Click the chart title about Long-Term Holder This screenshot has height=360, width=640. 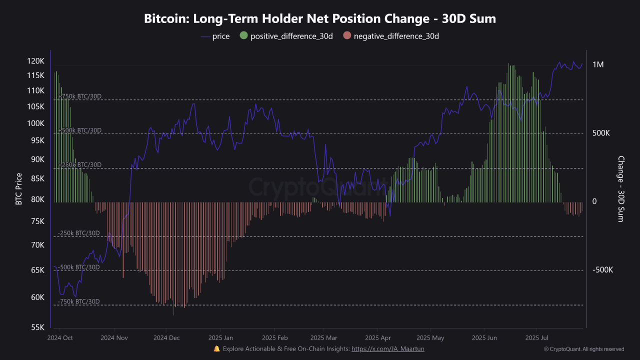(320, 19)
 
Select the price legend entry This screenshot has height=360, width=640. (215, 36)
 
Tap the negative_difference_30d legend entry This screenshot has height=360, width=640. (390, 36)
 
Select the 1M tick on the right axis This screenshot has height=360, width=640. (598, 64)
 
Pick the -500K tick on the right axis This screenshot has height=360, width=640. (602, 270)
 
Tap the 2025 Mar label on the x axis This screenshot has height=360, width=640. (323, 337)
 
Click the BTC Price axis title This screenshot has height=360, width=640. (19, 189)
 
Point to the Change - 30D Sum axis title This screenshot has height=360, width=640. (621, 189)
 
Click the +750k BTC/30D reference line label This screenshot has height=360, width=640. (79, 96)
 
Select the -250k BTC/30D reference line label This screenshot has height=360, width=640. (78, 233)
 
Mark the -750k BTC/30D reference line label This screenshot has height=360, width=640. (78, 301)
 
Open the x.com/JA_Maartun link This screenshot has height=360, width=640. (387, 348)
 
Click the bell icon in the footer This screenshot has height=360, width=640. (216, 348)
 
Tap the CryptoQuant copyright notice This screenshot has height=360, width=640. (584, 349)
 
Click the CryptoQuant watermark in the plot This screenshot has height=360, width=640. (320, 187)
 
